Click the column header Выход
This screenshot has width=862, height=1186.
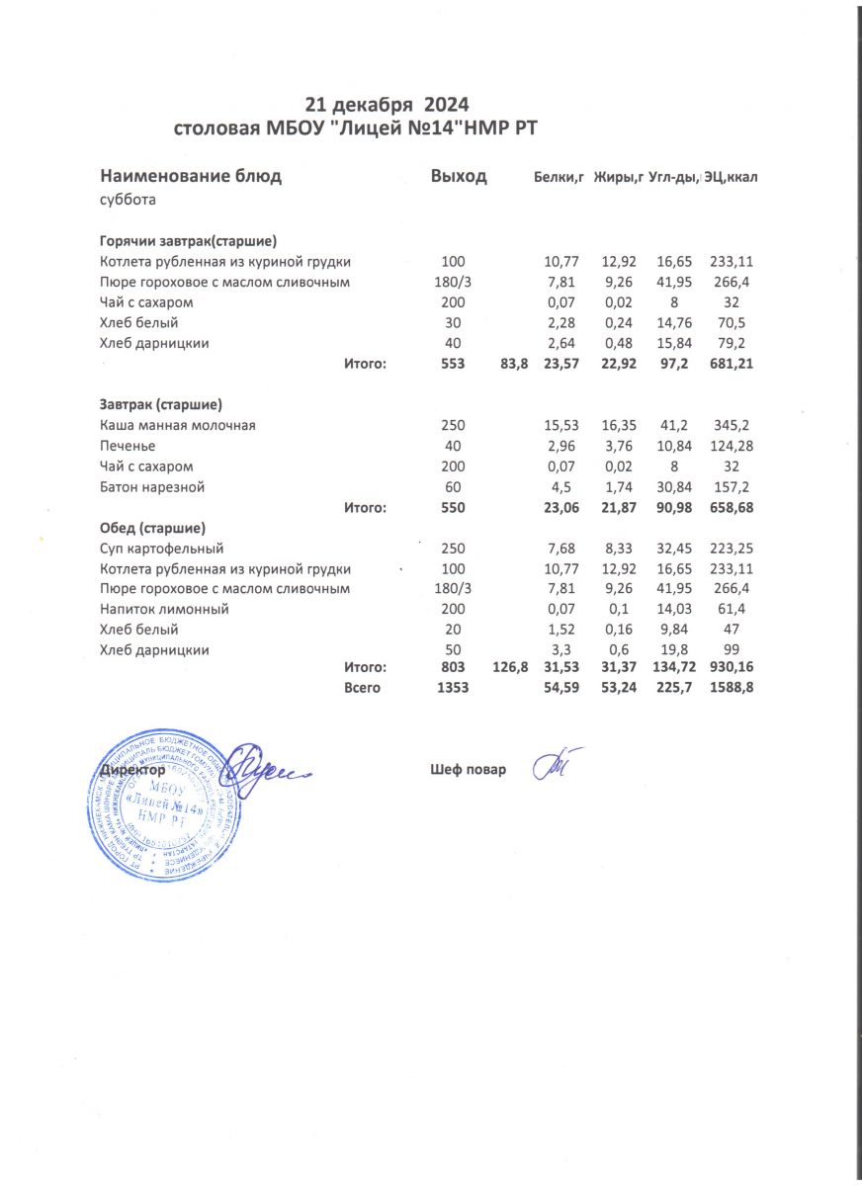459,177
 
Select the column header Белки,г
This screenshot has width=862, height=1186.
560,178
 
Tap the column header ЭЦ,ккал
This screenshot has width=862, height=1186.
732,178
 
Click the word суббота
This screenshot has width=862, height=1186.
128,200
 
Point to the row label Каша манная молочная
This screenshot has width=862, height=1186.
178,425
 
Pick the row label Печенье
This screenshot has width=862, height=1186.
131,446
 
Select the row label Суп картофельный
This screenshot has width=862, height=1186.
163,549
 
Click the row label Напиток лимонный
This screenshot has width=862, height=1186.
165,610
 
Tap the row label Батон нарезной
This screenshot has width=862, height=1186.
153,487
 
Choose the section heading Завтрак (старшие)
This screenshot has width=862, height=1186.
160,405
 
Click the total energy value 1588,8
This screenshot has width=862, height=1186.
732,688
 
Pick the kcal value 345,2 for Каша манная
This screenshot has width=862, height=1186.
732,425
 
